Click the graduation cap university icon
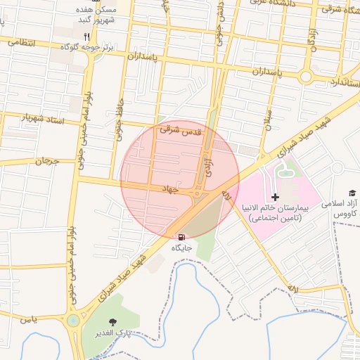[352, 193]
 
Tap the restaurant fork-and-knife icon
[86, 36]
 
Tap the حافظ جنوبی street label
[119, 120]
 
